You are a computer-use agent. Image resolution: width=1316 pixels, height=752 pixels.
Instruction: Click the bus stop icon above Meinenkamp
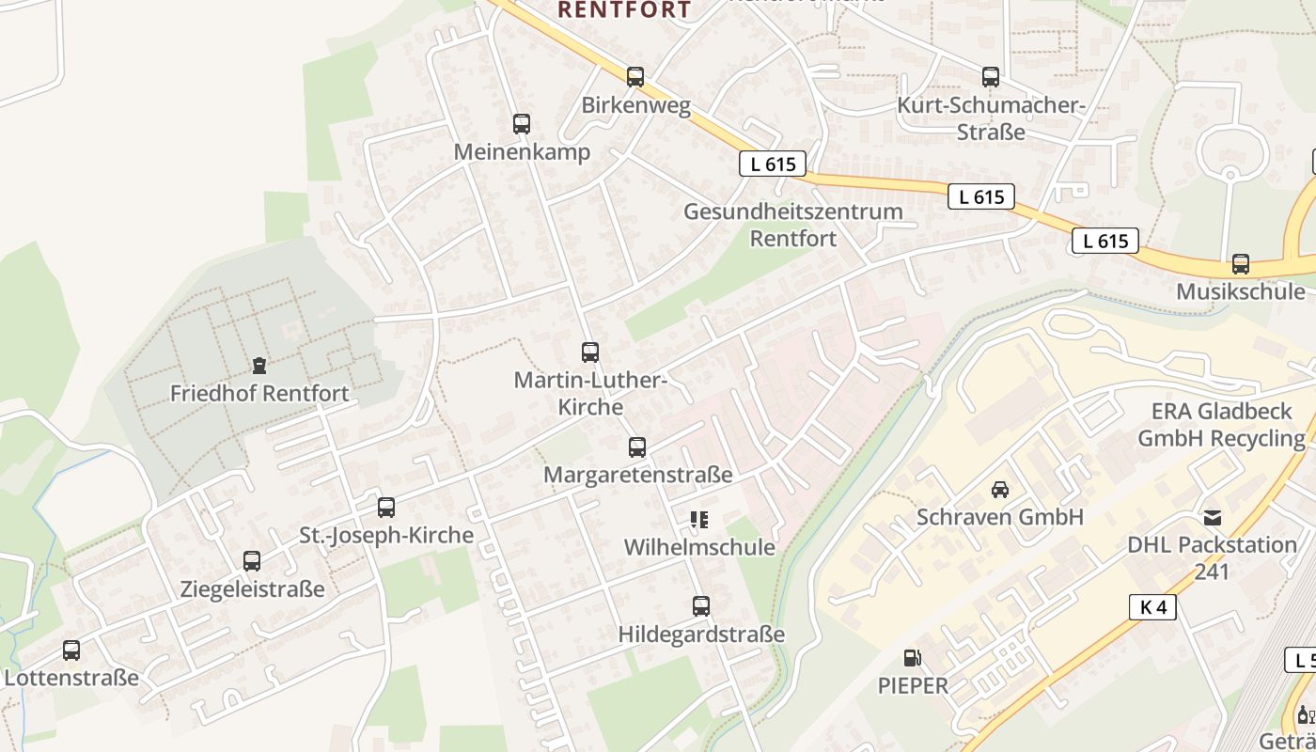click(521, 124)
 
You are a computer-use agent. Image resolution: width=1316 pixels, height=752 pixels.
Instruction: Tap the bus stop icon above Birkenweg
click(635, 77)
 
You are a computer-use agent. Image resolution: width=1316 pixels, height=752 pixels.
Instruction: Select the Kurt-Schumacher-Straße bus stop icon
click(990, 77)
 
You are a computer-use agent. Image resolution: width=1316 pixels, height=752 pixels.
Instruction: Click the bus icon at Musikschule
click(1241, 264)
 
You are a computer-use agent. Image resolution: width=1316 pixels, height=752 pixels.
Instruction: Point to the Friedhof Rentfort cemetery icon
click(258, 366)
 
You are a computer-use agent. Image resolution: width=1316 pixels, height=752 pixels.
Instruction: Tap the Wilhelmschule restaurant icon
click(699, 519)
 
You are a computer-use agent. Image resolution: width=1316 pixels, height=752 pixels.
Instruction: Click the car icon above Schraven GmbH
click(999, 489)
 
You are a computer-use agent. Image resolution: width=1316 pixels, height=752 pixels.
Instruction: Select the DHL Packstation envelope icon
click(1213, 517)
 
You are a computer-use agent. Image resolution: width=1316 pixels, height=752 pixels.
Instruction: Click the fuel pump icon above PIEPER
click(911, 658)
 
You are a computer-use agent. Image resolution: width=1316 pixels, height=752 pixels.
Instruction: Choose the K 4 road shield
click(1152, 607)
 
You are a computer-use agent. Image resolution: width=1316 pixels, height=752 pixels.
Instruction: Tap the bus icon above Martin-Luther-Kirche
click(589, 352)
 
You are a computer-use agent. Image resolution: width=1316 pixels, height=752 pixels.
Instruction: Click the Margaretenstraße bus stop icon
click(637, 447)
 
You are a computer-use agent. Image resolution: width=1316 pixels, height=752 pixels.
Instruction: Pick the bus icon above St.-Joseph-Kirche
click(385, 508)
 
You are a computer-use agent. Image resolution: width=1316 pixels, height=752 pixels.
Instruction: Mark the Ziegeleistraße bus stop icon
click(251, 561)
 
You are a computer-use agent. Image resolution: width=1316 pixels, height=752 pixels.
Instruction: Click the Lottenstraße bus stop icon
click(70, 650)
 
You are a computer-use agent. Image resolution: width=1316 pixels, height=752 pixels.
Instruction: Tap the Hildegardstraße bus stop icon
click(700, 606)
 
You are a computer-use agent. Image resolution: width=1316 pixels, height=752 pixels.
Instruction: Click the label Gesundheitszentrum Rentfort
click(792, 225)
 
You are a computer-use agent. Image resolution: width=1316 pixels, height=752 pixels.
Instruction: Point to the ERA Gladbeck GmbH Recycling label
click(1221, 425)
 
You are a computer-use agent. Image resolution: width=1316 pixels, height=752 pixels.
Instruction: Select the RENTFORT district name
click(624, 9)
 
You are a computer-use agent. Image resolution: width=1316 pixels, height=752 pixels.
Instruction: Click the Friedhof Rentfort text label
click(258, 393)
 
